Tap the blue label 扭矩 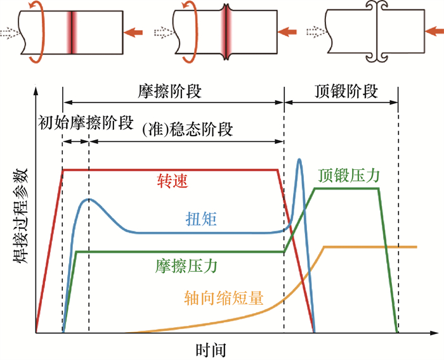click(x=201, y=219)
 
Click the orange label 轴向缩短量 click(x=224, y=297)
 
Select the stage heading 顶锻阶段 click(x=346, y=91)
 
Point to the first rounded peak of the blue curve click(x=89, y=200)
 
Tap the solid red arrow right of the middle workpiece click(x=288, y=30)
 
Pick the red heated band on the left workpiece click(x=74, y=30)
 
